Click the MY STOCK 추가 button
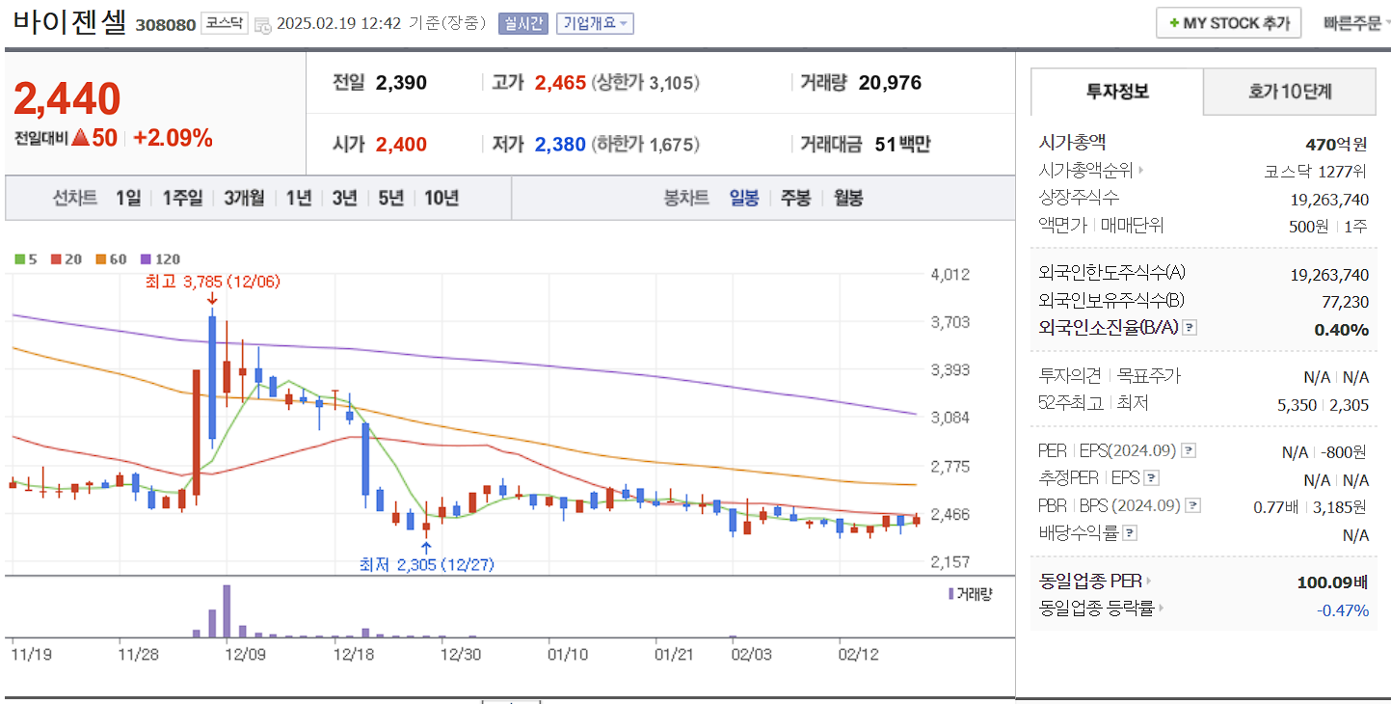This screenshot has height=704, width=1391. pyautogui.click(x=1228, y=23)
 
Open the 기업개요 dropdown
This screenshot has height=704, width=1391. pyautogui.click(x=595, y=23)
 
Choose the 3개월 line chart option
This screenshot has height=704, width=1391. pyautogui.click(x=244, y=198)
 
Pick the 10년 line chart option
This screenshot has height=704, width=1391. pyautogui.click(x=441, y=198)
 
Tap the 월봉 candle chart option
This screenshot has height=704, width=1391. pyautogui.click(x=848, y=198)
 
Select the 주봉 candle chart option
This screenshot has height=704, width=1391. pyautogui.click(x=795, y=198)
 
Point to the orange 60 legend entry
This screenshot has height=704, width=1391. pyautogui.click(x=111, y=258)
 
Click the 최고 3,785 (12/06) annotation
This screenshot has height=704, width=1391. pyautogui.click(x=211, y=282)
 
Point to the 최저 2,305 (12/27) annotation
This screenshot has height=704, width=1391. pyautogui.click(x=426, y=564)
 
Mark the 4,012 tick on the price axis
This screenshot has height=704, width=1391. pyautogui.click(x=950, y=275)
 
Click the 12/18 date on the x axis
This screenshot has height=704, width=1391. pyautogui.click(x=353, y=654)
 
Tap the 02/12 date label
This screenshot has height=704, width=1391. pyautogui.click(x=858, y=654)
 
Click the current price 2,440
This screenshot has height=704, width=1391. pyautogui.click(x=67, y=99)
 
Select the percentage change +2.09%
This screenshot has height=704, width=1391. pyautogui.click(x=173, y=138)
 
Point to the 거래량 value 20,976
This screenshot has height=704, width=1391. pyautogui.click(x=890, y=83)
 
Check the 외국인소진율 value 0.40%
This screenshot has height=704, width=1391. pyautogui.click(x=1341, y=330)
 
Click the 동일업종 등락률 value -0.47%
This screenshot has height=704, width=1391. pyautogui.click(x=1342, y=609)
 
